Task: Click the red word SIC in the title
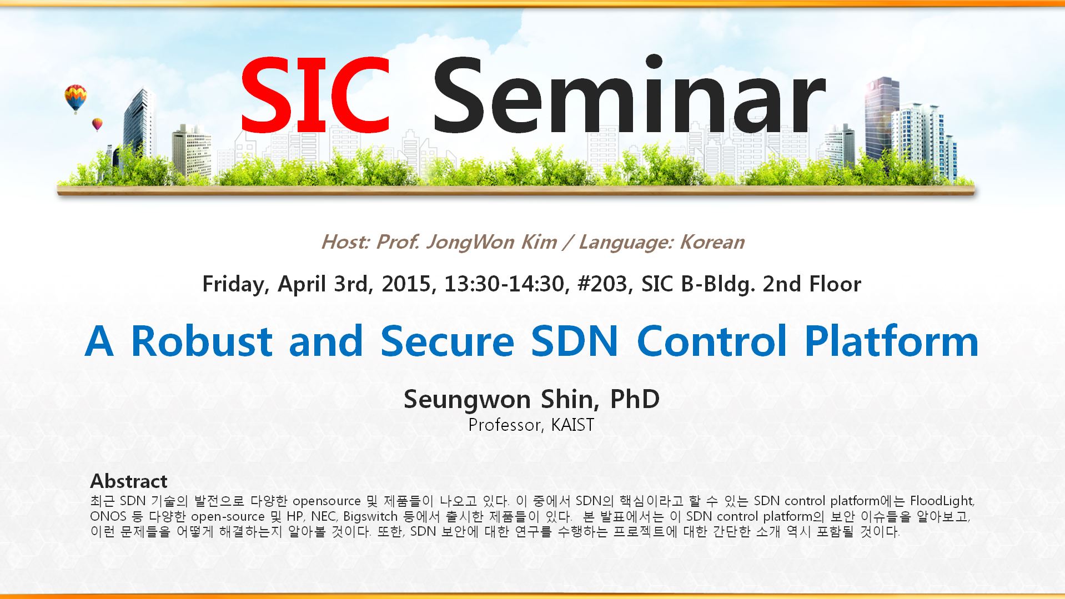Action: [315, 93]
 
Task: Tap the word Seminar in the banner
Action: [629, 93]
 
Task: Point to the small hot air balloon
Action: [97, 124]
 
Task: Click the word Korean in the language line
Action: [712, 243]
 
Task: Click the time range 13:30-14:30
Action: [507, 284]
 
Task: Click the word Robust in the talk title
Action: [201, 341]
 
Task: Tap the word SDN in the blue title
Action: [574, 341]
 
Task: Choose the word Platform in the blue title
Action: [891, 341]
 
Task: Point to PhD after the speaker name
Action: [635, 399]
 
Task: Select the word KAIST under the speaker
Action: [572, 425]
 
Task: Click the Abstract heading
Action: [129, 481]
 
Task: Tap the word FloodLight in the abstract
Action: [942, 501]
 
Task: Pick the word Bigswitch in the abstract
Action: [370, 517]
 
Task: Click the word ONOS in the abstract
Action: [108, 516]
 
